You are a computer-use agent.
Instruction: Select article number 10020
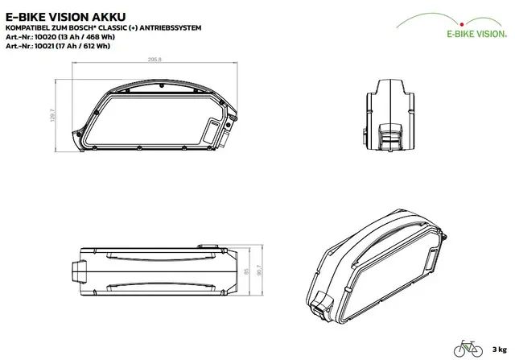click(x=45, y=37)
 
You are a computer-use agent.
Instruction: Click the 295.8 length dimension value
click(x=154, y=60)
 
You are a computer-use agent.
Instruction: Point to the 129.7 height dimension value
click(x=53, y=115)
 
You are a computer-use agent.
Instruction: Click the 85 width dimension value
click(x=247, y=271)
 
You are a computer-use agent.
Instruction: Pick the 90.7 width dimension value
click(x=259, y=271)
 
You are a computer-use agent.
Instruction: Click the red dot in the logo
click(x=462, y=24)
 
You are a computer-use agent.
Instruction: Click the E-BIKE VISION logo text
click(x=476, y=34)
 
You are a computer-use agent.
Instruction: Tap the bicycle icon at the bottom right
click(x=468, y=349)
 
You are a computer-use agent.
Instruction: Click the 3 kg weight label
click(x=500, y=350)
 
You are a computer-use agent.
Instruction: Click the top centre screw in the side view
click(x=162, y=86)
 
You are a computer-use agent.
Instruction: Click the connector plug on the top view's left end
click(x=79, y=271)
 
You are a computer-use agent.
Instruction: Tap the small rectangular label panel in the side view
click(x=210, y=131)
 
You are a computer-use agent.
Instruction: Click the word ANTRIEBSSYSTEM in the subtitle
click(x=170, y=28)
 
